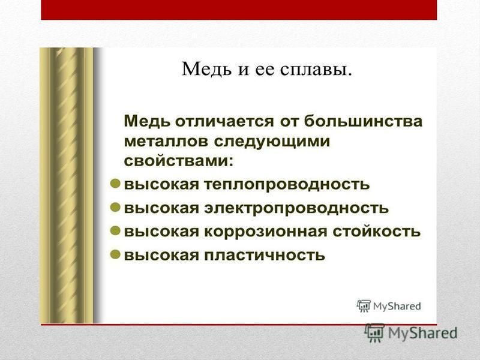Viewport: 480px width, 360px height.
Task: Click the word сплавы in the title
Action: pos(316,70)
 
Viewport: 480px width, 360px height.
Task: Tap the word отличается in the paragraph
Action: pos(224,121)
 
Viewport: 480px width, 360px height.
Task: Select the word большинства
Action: pos(364,121)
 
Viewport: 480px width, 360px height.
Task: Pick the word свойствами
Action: pos(178,161)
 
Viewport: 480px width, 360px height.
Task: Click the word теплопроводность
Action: pos(287,185)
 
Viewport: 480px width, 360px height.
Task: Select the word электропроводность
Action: pos(296,208)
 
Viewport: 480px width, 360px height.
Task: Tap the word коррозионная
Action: pos(265,232)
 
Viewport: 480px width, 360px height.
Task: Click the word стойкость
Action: pos(377,232)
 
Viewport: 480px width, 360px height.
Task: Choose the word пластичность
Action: pos(265,255)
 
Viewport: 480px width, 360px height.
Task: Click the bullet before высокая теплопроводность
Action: pos(115,184)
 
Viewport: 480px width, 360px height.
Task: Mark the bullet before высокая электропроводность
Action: pos(115,208)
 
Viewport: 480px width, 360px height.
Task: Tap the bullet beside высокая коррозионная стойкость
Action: pos(115,231)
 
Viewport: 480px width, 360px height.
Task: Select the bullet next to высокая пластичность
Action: pos(115,254)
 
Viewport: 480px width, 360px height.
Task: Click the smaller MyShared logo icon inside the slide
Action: pos(364,306)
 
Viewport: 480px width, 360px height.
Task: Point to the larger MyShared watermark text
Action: pos(423,334)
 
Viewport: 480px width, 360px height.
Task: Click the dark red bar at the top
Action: pos(239,10)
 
